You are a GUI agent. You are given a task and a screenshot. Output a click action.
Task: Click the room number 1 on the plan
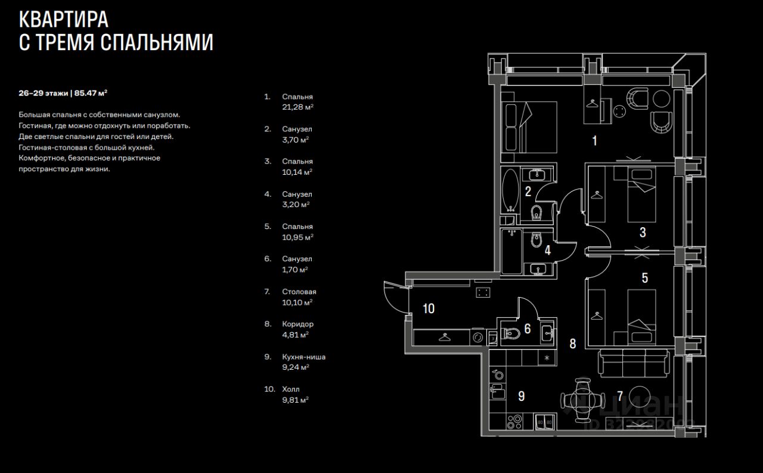coord(594,141)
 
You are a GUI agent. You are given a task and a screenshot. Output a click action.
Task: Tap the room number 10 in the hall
coord(429,308)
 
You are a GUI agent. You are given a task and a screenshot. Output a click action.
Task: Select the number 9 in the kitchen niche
coord(521,395)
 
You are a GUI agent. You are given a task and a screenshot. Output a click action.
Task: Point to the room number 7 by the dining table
coord(620,395)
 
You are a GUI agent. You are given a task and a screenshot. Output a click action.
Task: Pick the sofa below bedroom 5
coord(634,363)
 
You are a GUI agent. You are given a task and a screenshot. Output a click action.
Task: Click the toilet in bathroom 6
coord(511,335)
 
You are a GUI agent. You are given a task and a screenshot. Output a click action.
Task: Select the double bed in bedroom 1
coord(529,126)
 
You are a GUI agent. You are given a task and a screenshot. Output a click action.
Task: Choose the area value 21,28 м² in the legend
coord(297,107)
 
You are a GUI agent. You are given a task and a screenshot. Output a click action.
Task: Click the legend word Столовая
coord(299,292)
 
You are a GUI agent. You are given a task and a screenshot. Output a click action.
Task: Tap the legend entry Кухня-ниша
coord(304,357)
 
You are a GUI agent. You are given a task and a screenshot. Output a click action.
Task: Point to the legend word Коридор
coord(297,324)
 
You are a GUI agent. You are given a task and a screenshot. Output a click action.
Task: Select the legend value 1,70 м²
coord(295,270)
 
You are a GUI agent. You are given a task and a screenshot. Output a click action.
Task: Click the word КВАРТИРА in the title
coord(64,20)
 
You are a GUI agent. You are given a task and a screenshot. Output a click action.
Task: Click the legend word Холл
coord(291,389)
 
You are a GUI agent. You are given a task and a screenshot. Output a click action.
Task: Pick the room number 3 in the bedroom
coord(643,233)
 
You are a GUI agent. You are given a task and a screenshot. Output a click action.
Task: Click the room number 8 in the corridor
coord(573,344)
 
